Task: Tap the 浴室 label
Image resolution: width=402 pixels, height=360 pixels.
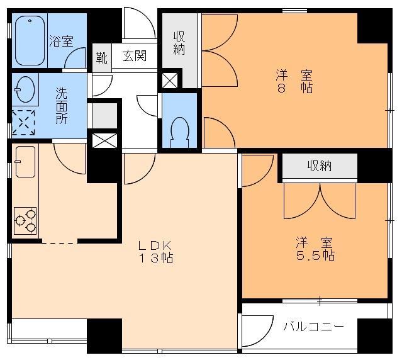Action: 61,42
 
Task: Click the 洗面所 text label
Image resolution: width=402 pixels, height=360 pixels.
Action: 62,105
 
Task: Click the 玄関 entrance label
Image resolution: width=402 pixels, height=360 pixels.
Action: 134,57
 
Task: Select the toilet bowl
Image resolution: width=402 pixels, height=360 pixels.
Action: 179,130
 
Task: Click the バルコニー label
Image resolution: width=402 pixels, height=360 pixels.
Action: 313,327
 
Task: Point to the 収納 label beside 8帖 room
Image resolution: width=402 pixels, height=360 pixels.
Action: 179,43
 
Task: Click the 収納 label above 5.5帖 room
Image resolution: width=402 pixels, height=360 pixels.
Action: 319,166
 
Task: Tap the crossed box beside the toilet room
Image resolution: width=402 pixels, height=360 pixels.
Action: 170,80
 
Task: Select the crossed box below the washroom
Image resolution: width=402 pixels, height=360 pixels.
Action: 101,139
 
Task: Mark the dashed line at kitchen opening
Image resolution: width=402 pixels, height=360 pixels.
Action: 60,242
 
